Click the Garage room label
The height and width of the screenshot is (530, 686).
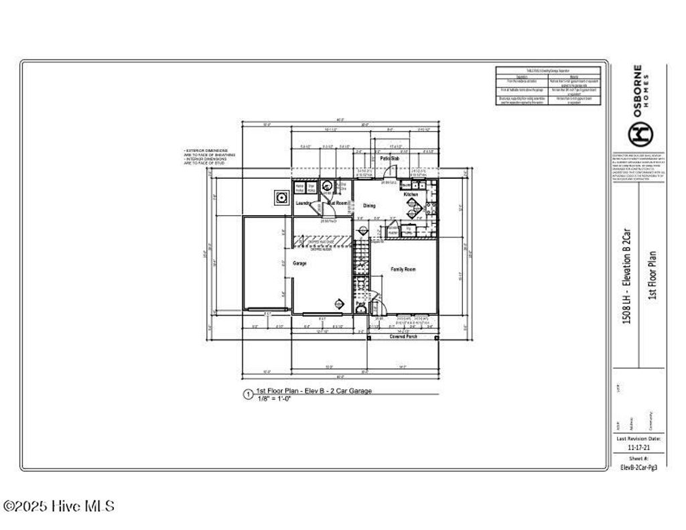point(299,263)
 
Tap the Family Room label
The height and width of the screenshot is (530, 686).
point(403,269)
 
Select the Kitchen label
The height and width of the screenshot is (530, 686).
point(411,194)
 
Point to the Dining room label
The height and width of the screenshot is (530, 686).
point(369,206)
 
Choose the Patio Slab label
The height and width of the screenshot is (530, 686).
point(390,158)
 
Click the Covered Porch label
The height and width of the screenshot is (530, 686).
point(403,336)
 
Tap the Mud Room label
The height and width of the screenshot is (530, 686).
point(338,202)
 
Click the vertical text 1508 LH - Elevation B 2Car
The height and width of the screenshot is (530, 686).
point(627,275)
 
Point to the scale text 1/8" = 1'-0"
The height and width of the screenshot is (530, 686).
point(273,398)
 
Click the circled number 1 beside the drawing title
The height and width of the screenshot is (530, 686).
point(248,394)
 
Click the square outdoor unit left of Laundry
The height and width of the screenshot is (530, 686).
point(281,198)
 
